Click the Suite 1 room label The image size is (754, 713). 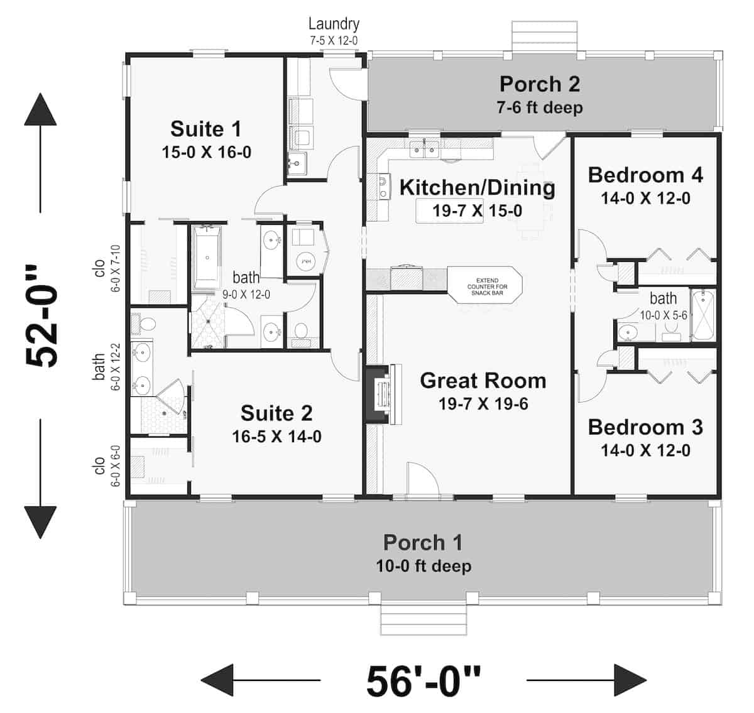(x=205, y=129)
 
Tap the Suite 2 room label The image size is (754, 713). (x=276, y=413)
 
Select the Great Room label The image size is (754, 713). (x=483, y=381)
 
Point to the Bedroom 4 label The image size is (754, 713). (x=645, y=175)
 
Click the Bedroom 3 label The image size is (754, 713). (x=645, y=427)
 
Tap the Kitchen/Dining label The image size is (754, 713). (x=477, y=188)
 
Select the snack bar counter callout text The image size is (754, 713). (x=488, y=286)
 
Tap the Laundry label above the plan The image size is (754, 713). (x=334, y=24)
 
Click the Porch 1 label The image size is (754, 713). (x=423, y=542)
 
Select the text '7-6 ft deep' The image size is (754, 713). (x=540, y=107)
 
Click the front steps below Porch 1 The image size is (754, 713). (x=424, y=621)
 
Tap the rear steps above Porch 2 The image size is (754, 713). (x=544, y=37)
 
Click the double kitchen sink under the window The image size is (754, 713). (x=424, y=150)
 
